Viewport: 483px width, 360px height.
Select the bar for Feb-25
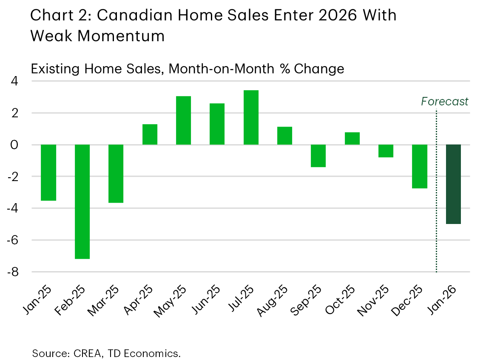pyautogui.click(x=82, y=201)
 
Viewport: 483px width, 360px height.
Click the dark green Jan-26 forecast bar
pyautogui.click(x=453, y=184)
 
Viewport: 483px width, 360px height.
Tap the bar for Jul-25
pyautogui.click(x=251, y=117)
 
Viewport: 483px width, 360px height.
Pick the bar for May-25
pyautogui.click(x=183, y=120)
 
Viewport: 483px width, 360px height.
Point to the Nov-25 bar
pyautogui.click(x=386, y=151)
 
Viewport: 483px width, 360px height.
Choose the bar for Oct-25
pyautogui.click(x=352, y=139)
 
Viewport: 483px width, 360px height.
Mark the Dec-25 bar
pyautogui.click(x=420, y=166)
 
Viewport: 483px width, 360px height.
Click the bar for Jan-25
pyautogui.click(x=48, y=172)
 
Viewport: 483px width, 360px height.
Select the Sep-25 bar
pyautogui.click(x=318, y=156)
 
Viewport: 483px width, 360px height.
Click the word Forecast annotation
pyautogui.click(x=444, y=102)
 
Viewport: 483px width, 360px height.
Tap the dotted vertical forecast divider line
pyautogui.click(x=437, y=191)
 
